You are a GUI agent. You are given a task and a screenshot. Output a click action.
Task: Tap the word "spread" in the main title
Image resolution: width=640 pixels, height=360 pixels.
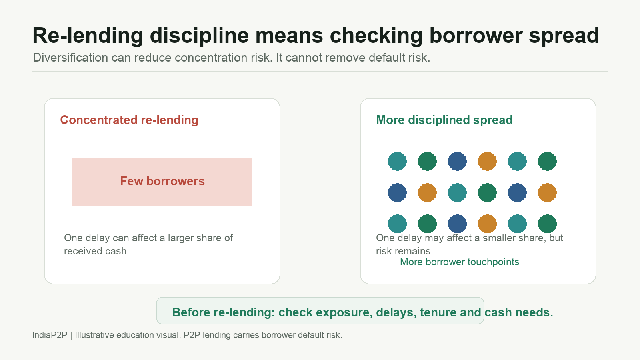click(564, 36)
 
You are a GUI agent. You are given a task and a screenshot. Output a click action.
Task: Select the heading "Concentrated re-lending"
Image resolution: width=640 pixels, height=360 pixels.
click(129, 120)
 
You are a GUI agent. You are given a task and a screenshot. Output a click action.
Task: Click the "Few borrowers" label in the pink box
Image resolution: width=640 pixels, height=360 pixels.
click(162, 181)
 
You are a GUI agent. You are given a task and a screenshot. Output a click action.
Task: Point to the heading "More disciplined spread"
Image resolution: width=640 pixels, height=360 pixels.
click(444, 120)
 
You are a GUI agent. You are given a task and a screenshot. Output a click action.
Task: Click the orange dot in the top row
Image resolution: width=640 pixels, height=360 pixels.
click(487, 162)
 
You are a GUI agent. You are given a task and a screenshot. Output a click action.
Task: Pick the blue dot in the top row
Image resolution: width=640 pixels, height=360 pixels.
click(457, 162)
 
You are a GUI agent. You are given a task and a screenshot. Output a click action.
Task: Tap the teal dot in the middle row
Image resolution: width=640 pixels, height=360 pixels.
click(457, 192)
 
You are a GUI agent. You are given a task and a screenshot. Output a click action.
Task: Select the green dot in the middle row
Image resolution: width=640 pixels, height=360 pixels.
click(487, 192)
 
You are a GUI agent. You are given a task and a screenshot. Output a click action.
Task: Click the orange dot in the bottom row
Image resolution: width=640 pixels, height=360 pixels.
click(487, 224)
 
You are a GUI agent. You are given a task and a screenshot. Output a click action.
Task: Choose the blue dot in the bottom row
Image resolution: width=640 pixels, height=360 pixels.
click(457, 224)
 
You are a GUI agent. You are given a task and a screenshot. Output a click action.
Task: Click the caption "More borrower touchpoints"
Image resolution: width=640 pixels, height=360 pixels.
click(460, 262)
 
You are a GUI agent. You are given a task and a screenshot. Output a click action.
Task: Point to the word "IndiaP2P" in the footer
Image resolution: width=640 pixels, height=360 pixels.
click(50, 335)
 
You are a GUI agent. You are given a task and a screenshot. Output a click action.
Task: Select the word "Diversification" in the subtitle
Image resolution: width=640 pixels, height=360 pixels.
click(70, 58)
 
